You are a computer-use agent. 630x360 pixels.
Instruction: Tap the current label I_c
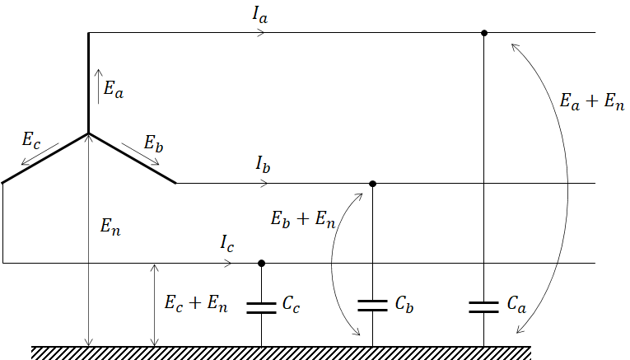point(228,243)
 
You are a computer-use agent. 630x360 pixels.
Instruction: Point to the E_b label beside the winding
point(153,143)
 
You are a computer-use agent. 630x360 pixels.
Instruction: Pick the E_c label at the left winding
point(32,138)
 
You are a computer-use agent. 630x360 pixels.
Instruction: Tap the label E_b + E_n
point(303,219)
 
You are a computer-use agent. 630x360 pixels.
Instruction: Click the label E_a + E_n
point(590,101)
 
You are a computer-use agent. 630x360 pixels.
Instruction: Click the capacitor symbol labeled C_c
point(262,307)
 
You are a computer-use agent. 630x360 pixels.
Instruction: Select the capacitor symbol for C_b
point(373,305)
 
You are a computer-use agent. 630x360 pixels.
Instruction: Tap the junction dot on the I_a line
point(484,33)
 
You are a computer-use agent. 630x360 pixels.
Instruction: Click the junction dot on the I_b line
point(373,183)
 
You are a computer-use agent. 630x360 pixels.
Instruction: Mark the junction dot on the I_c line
point(262,264)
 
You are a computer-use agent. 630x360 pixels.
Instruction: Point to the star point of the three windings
point(88,133)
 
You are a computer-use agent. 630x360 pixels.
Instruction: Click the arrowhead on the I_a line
point(261,33)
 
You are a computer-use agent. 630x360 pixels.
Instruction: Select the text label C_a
point(516,305)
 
